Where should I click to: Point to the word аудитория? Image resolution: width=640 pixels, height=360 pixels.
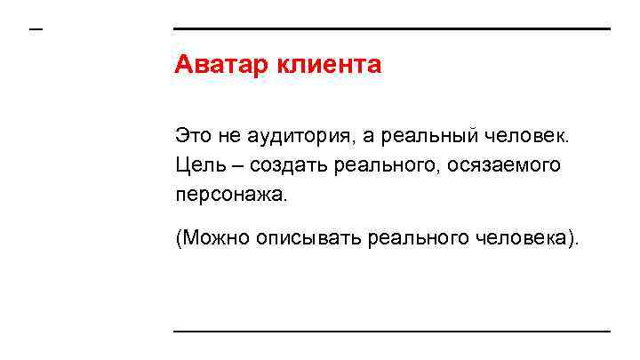pos(292,137)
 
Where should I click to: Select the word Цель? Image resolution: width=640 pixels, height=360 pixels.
pos(196,165)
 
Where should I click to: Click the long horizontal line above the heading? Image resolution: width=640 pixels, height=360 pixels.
pos(391,28)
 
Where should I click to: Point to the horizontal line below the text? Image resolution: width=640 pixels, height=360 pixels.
pos(391,332)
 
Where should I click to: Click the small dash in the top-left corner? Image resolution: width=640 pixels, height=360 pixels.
pos(36,28)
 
